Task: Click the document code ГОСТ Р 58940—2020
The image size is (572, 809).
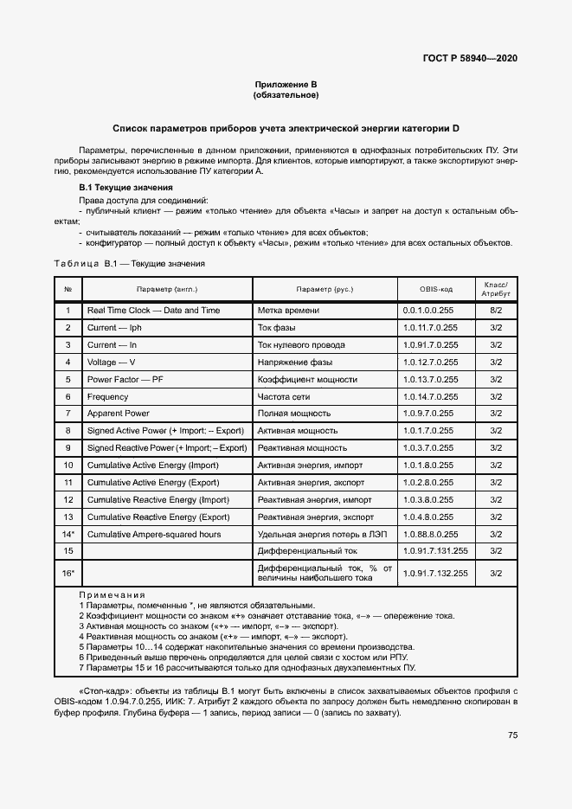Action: coord(470,58)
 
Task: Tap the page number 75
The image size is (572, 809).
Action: coord(512,735)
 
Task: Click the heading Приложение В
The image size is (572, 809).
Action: coord(286,84)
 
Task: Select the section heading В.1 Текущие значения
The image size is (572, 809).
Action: coord(125,188)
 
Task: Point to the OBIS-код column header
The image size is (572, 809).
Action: coord(436,288)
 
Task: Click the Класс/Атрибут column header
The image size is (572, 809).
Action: coord(496,288)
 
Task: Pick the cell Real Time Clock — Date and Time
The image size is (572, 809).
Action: coord(153,311)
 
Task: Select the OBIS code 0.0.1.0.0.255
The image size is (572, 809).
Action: coord(427,311)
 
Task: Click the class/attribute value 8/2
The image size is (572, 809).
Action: coord(496,311)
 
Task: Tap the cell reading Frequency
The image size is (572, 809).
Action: coord(107,396)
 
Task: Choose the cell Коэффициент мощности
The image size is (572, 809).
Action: coord(300,379)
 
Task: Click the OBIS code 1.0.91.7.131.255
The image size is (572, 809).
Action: coord(435,550)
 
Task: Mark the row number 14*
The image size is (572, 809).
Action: coord(67,534)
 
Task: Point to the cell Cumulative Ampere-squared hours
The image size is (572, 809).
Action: coord(154,534)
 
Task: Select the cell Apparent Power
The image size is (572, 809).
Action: coord(119,414)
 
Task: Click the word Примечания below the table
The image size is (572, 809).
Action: coord(112,595)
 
